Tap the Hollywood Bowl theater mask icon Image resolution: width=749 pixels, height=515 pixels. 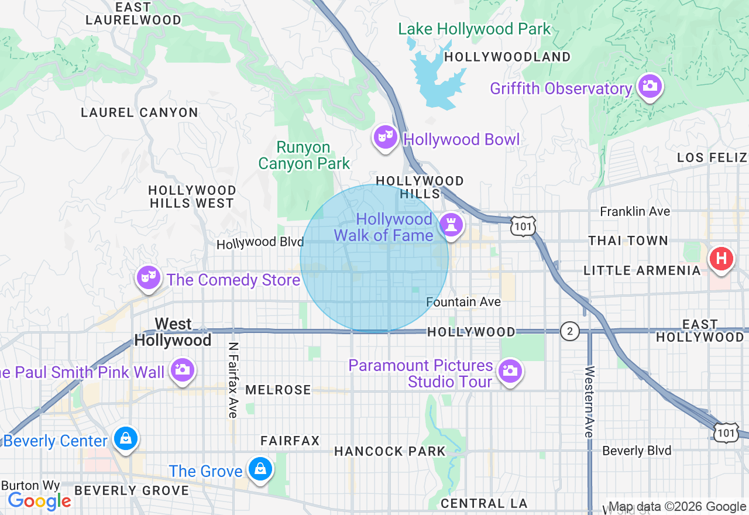pos(385,138)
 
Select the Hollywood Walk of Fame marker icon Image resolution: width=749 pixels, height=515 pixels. pos(451,224)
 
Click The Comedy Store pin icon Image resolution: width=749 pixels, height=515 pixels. pos(149,277)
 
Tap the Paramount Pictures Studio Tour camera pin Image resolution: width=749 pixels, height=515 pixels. pos(510,370)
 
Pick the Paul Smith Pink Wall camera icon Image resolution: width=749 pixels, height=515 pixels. pos(183,370)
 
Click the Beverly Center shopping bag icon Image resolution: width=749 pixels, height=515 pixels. pos(125,438)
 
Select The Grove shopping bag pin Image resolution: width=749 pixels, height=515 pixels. pos(259,469)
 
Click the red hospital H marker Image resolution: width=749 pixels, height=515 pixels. pos(721,258)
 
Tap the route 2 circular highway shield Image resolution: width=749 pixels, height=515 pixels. pos(569,331)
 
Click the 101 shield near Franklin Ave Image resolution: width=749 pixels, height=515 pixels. pos(523,226)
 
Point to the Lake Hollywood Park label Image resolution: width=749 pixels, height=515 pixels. pos(474,29)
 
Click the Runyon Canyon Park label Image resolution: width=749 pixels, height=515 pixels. pos(304,156)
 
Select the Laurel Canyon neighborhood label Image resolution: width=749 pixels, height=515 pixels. pos(139,112)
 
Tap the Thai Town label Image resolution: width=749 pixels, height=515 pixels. pos(628,241)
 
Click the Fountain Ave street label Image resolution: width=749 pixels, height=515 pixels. pos(463,302)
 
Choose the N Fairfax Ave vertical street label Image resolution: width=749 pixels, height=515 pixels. pos(233,380)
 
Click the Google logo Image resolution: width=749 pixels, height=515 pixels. pos(39,501)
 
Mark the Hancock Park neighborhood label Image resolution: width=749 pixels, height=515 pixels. pos(390,451)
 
